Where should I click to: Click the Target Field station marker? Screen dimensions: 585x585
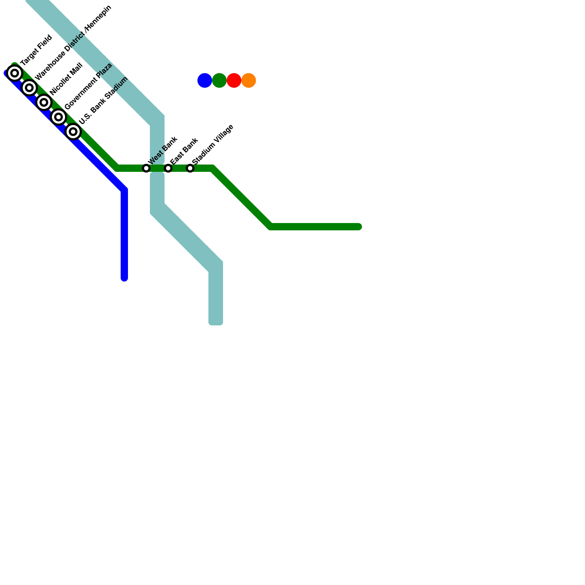pyautogui.click(x=15, y=73)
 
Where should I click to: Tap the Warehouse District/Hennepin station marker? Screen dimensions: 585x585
pyautogui.click(x=29, y=88)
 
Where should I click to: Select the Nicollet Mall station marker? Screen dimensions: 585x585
pyautogui.click(x=44, y=102)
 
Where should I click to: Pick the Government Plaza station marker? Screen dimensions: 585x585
pyautogui.click(x=58, y=117)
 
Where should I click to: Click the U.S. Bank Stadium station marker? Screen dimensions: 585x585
pyautogui.click(x=73, y=132)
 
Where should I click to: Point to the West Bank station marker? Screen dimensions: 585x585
pyautogui.click(x=146, y=168)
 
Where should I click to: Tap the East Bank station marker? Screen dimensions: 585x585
pyautogui.click(x=168, y=168)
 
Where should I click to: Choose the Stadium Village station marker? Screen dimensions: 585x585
pyautogui.click(x=190, y=168)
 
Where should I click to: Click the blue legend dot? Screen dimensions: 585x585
pyautogui.click(x=205, y=80)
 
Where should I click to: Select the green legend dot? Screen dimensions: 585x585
pyautogui.click(x=219, y=80)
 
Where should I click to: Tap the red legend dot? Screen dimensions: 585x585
pyautogui.click(x=234, y=80)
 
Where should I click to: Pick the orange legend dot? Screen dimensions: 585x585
pyautogui.click(x=249, y=80)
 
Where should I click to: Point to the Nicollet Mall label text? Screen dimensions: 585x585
pyautogui.click(x=67, y=79)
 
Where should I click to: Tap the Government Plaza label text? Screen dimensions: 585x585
pyautogui.click(x=88, y=86)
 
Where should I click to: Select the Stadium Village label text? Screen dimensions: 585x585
pyautogui.click(x=213, y=144)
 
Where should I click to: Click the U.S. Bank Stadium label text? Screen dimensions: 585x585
pyautogui.click(x=103, y=101)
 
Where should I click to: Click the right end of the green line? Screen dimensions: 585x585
pyautogui.click(x=359, y=227)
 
